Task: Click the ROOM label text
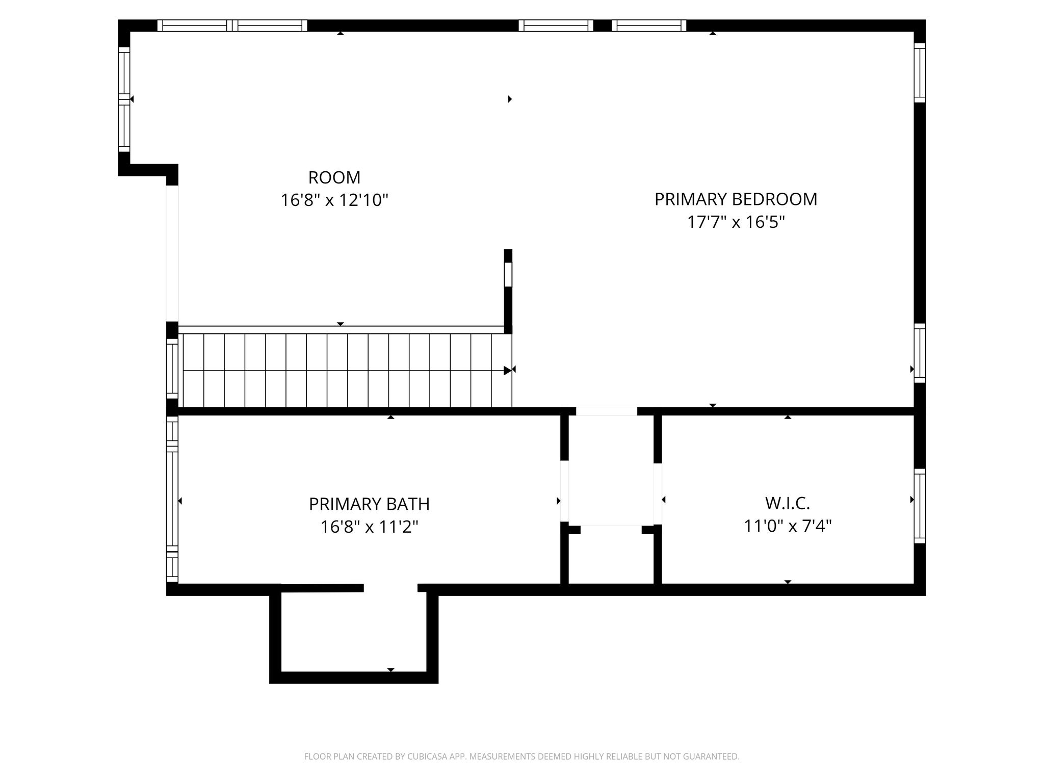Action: pos(334,177)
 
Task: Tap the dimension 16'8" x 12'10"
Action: pos(334,200)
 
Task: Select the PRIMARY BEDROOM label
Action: pos(736,199)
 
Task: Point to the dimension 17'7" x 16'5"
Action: pos(736,222)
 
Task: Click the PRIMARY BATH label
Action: pos(369,504)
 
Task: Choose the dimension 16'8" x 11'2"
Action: pos(369,527)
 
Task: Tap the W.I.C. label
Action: pos(788,504)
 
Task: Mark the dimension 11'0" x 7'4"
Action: pos(788,526)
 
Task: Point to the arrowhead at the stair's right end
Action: pos(508,371)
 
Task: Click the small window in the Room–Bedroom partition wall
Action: pos(508,274)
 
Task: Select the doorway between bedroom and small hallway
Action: pos(607,411)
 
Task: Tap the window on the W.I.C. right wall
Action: pos(920,506)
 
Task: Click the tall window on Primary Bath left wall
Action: pos(172,500)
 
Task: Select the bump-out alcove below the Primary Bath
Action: pos(354,632)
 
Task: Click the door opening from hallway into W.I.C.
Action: pos(658,493)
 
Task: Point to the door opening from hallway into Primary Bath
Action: pos(564,491)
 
